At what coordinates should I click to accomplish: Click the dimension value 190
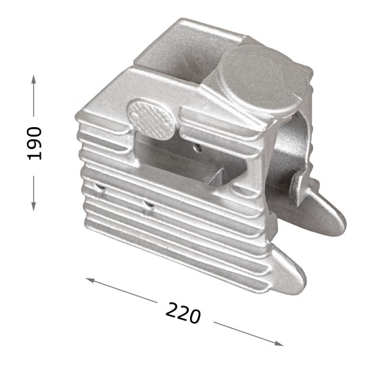point(34,143)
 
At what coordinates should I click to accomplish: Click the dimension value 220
point(183,312)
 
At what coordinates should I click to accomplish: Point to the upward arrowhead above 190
point(34,79)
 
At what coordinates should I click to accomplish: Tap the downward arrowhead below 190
point(34,206)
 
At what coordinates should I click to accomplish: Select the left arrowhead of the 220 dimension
point(90,280)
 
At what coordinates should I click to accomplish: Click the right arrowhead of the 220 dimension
point(279,344)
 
